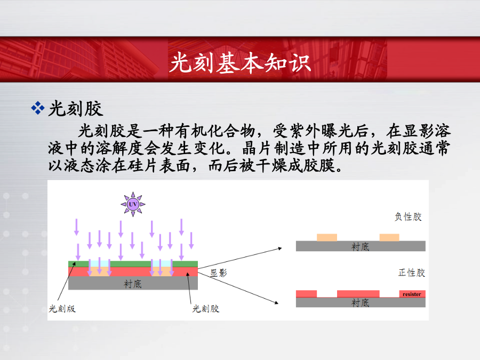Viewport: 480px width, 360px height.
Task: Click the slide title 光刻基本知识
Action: coord(241,63)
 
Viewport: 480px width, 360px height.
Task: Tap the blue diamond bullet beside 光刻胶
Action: coord(38,108)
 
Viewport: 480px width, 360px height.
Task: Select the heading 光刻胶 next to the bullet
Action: coord(76,108)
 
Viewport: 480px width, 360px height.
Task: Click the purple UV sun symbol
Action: coord(133,204)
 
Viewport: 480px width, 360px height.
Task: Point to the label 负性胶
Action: coord(408,217)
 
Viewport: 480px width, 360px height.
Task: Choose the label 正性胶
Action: coord(412,273)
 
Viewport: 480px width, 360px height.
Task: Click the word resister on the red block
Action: coord(412,294)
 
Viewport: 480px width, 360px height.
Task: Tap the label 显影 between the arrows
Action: coord(219,273)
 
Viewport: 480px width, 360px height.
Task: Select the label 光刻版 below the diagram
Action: coord(62,309)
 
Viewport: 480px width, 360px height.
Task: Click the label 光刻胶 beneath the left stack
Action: coord(206,309)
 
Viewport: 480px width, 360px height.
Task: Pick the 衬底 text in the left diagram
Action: coord(133,284)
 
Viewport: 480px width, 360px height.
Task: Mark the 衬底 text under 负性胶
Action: coord(361,247)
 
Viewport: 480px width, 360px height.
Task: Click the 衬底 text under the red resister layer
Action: coord(361,303)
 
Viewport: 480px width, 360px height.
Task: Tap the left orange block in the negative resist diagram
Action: coord(327,237)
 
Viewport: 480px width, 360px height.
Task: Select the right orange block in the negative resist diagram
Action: coord(389,237)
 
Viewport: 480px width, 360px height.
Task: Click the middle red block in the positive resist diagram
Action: coord(358,294)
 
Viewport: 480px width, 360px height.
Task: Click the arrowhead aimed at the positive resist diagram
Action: coord(276,302)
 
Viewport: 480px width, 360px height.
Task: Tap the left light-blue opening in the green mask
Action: coord(99,264)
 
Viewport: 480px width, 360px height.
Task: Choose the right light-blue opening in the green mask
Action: coord(162,264)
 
